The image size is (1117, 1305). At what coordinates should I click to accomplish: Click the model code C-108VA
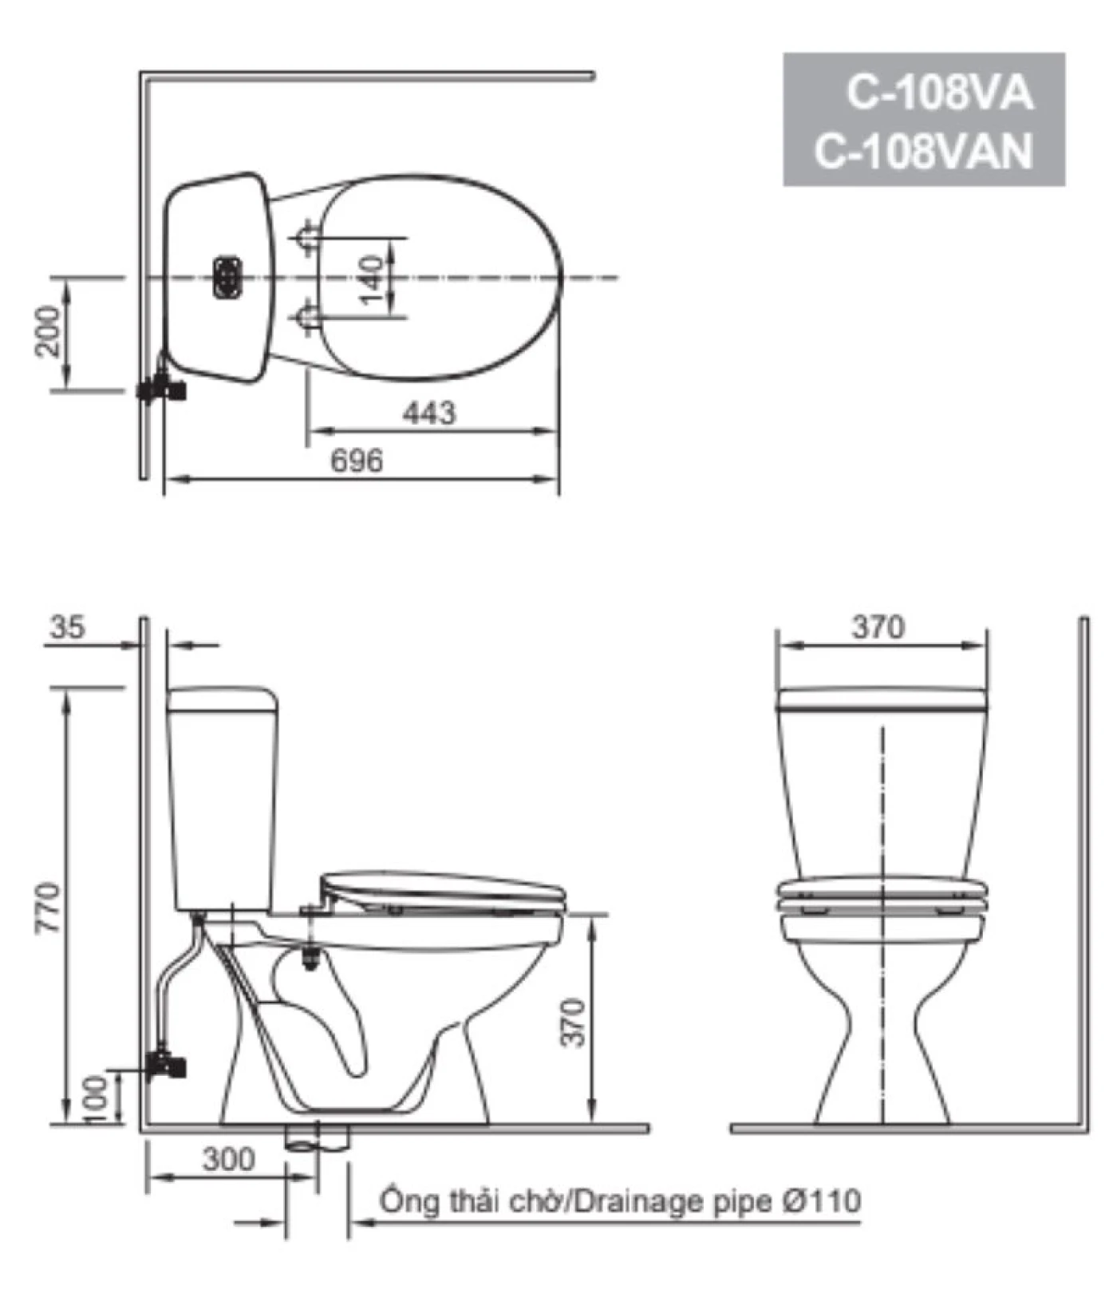[x=939, y=94]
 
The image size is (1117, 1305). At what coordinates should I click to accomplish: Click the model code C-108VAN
[x=923, y=151]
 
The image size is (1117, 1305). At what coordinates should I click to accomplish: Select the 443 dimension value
[x=429, y=413]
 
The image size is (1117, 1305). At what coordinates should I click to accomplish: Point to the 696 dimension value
[x=357, y=460]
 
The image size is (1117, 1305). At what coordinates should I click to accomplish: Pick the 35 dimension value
[x=67, y=627]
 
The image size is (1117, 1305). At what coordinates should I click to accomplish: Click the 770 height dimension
[x=48, y=908]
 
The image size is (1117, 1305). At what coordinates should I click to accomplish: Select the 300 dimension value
[x=228, y=1160]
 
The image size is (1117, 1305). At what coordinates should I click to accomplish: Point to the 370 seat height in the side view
[x=574, y=1022]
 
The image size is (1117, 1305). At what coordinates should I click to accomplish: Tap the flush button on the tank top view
[x=227, y=277]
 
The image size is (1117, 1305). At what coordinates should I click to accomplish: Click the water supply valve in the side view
[x=168, y=1064]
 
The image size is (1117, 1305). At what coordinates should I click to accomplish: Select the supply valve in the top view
[x=163, y=390]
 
